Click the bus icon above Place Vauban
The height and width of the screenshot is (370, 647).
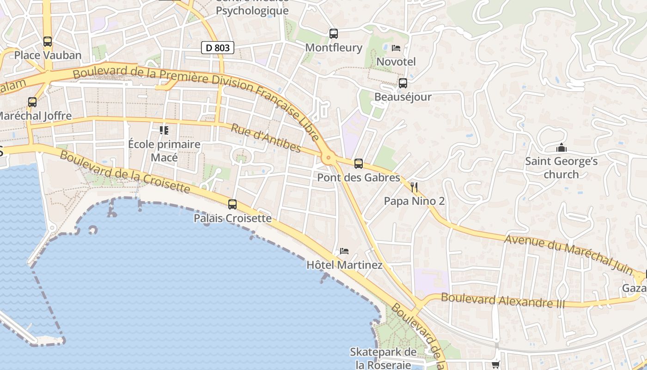[48, 42]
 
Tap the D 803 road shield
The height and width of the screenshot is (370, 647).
[218, 47]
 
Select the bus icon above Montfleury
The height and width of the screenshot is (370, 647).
[334, 34]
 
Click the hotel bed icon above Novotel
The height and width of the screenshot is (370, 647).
[396, 48]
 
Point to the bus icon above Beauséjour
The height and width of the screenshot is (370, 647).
[403, 83]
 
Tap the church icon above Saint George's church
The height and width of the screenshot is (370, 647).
[562, 148]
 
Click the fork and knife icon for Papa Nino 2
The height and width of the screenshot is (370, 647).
[414, 187]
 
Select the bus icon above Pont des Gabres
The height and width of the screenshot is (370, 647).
[359, 164]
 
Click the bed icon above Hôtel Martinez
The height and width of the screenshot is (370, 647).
[344, 251]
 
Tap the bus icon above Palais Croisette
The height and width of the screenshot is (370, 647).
[232, 204]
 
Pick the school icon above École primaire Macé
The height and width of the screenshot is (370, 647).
[164, 130]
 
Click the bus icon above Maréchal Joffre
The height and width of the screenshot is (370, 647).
[32, 102]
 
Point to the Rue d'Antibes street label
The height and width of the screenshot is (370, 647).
[266, 138]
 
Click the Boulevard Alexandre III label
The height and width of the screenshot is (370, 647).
[503, 300]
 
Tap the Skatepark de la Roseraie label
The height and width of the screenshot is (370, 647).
[383, 358]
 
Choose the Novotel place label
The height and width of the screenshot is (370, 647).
[396, 62]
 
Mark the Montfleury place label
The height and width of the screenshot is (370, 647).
[334, 48]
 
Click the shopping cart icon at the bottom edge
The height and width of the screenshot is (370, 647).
[496, 364]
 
